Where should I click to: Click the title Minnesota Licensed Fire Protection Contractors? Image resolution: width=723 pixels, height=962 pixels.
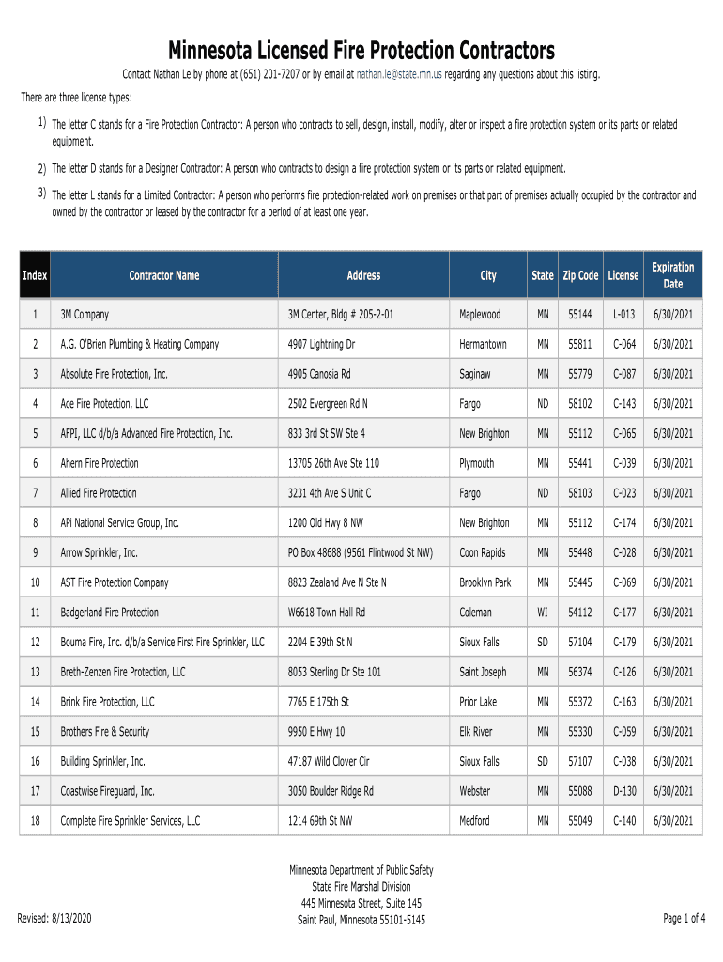(x=361, y=49)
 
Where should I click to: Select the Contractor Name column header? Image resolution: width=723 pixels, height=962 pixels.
(x=164, y=275)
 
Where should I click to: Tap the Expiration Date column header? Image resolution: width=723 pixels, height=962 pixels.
(x=673, y=275)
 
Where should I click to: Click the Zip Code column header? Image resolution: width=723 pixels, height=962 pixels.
(x=580, y=275)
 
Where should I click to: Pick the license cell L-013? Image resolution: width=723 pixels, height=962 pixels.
(x=624, y=315)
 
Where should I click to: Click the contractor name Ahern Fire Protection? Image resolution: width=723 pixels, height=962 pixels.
(x=100, y=463)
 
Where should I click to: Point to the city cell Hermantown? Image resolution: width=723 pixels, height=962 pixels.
(x=483, y=345)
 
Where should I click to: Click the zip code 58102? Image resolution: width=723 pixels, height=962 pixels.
(x=580, y=404)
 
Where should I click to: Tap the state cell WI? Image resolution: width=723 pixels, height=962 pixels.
(x=543, y=613)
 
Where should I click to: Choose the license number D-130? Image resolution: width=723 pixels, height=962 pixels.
(x=624, y=791)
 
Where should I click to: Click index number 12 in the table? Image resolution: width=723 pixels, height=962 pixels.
(x=35, y=643)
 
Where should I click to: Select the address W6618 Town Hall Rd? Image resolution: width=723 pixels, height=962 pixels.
(x=327, y=613)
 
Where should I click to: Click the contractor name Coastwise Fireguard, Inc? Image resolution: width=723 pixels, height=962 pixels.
(x=108, y=791)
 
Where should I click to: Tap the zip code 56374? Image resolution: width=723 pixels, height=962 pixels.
(x=580, y=672)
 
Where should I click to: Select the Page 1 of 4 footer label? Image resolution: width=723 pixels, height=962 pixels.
(x=685, y=918)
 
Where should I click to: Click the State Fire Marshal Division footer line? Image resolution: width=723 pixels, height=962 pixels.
(x=361, y=886)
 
